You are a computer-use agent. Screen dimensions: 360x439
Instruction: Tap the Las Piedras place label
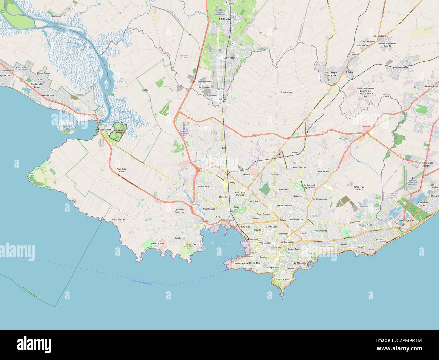click(x=229, y=58)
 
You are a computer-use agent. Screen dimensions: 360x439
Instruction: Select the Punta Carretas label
click(x=282, y=280)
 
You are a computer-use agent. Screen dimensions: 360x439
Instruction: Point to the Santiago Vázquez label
click(x=103, y=130)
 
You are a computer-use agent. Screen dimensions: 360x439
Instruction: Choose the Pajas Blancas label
click(x=119, y=219)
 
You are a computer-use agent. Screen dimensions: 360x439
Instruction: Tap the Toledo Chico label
click(x=286, y=92)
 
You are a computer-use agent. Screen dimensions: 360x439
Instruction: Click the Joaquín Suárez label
click(x=401, y=68)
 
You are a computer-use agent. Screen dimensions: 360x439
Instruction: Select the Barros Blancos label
click(x=427, y=87)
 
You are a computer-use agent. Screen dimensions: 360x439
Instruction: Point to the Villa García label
click(x=344, y=139)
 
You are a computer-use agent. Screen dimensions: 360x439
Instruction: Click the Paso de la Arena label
click(x=121, y=170)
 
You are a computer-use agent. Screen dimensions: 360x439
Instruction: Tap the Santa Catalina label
click(x=157, y=243)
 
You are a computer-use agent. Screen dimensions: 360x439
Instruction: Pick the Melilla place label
click(x=145, y=90)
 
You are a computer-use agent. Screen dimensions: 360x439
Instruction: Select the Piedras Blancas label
click(x=299, y=167)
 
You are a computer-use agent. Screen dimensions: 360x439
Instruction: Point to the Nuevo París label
click(x=204, y=187)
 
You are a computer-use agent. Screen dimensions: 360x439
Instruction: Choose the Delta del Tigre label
click(x=48, y=96)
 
